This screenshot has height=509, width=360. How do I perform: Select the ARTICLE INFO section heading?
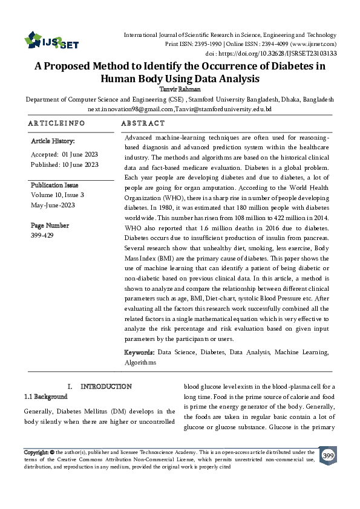[57, 123]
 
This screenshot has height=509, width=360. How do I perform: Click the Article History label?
[53, 141]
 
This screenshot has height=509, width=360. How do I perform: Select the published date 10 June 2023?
[80, 164]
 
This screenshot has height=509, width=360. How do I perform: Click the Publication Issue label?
[54, 185]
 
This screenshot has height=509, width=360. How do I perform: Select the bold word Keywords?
[139, 352]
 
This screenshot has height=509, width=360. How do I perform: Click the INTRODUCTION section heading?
[106, 386]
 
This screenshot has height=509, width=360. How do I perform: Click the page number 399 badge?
[328, 455]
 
